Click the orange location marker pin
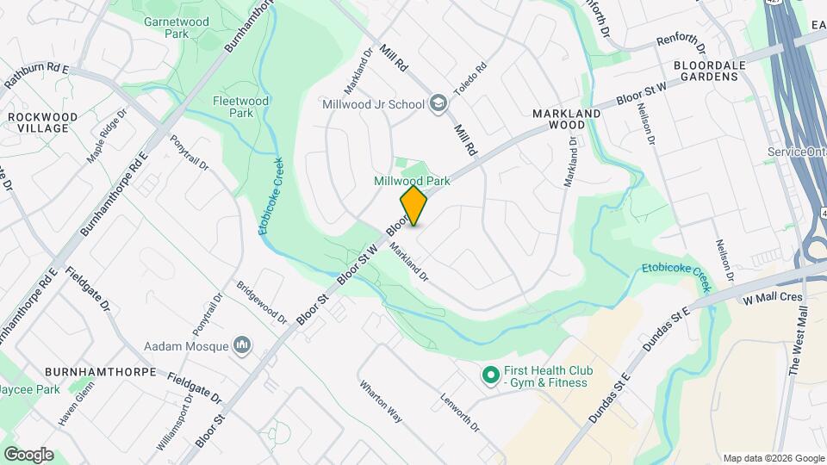(x=413, y=206)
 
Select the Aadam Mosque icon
(x=243, y=346)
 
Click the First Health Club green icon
(x=490, y=375)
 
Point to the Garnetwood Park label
(x=166, y=27)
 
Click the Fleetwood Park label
(x=241, y=107)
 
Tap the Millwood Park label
(x=412, y=181)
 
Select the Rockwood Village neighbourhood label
(x=37, y=121)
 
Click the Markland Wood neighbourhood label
(x=566, y=119)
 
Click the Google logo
(x=28, y=455)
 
